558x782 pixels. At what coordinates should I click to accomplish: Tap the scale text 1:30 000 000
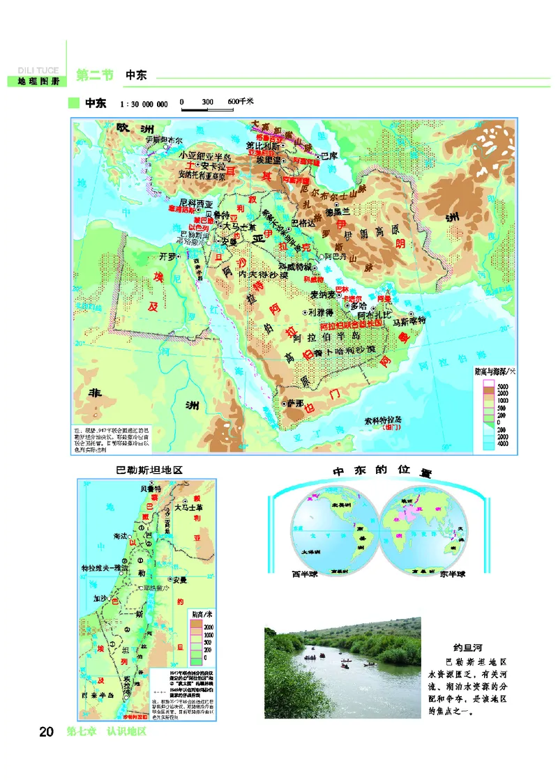pos(144,105)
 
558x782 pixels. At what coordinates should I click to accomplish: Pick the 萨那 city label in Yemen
pos(291,404)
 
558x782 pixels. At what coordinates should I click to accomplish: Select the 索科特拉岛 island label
pos(385,420)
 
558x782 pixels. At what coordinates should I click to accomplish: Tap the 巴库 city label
pos(329,157)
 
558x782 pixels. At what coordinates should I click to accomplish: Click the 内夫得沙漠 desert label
pos(263,275)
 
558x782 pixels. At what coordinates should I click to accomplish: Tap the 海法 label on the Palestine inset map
pos(120,535)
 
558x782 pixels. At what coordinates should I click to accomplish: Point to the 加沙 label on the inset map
pos(101,598)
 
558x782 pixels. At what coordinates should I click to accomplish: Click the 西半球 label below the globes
pos(306,575)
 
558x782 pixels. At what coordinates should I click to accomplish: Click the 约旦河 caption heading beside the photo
pos(469,645)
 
